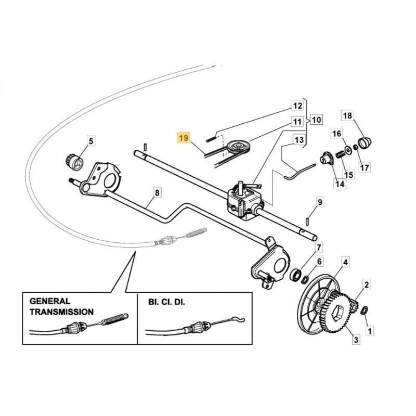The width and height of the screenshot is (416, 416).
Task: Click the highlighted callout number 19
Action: tap(183, 138)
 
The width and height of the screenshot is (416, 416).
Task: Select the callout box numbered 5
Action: tap(90, 140)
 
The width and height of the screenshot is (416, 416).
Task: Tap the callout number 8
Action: tap(158, 192)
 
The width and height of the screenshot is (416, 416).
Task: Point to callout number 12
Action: tap(297, 106)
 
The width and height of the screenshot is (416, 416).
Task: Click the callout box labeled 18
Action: tap(347, 115)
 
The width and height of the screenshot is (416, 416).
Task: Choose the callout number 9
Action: tap(320, 201)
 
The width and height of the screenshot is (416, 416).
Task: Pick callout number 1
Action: tap(370, 330)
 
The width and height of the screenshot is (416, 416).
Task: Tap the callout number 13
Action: tap(298, 140)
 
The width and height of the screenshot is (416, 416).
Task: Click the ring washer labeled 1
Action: tap(366, 310)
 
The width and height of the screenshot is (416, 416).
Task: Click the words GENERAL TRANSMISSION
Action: tap(61, 306)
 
